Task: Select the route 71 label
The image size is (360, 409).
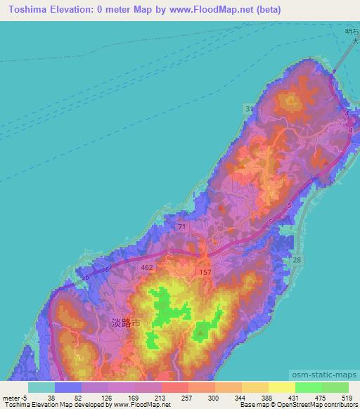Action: point(181,226)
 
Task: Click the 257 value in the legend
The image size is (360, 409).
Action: point(174,397)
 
